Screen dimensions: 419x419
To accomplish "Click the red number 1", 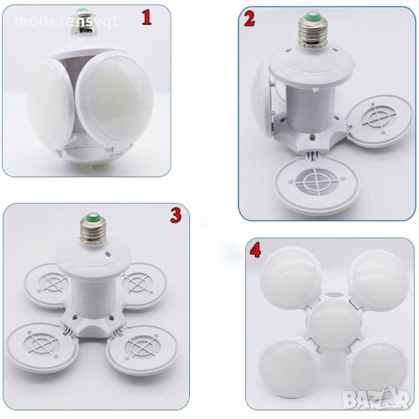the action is [147, 18].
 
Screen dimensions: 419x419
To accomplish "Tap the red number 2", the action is [249, 20].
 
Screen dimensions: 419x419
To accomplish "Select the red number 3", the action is [176, 216].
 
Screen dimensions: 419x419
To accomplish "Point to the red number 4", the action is [255, 251].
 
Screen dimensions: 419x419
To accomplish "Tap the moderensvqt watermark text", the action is [66, 21].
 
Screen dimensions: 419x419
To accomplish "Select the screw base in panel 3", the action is [94, 229].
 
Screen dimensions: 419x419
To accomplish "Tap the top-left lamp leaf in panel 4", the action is [291, 277].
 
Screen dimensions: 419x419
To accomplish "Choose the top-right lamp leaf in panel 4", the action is [378, 279].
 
